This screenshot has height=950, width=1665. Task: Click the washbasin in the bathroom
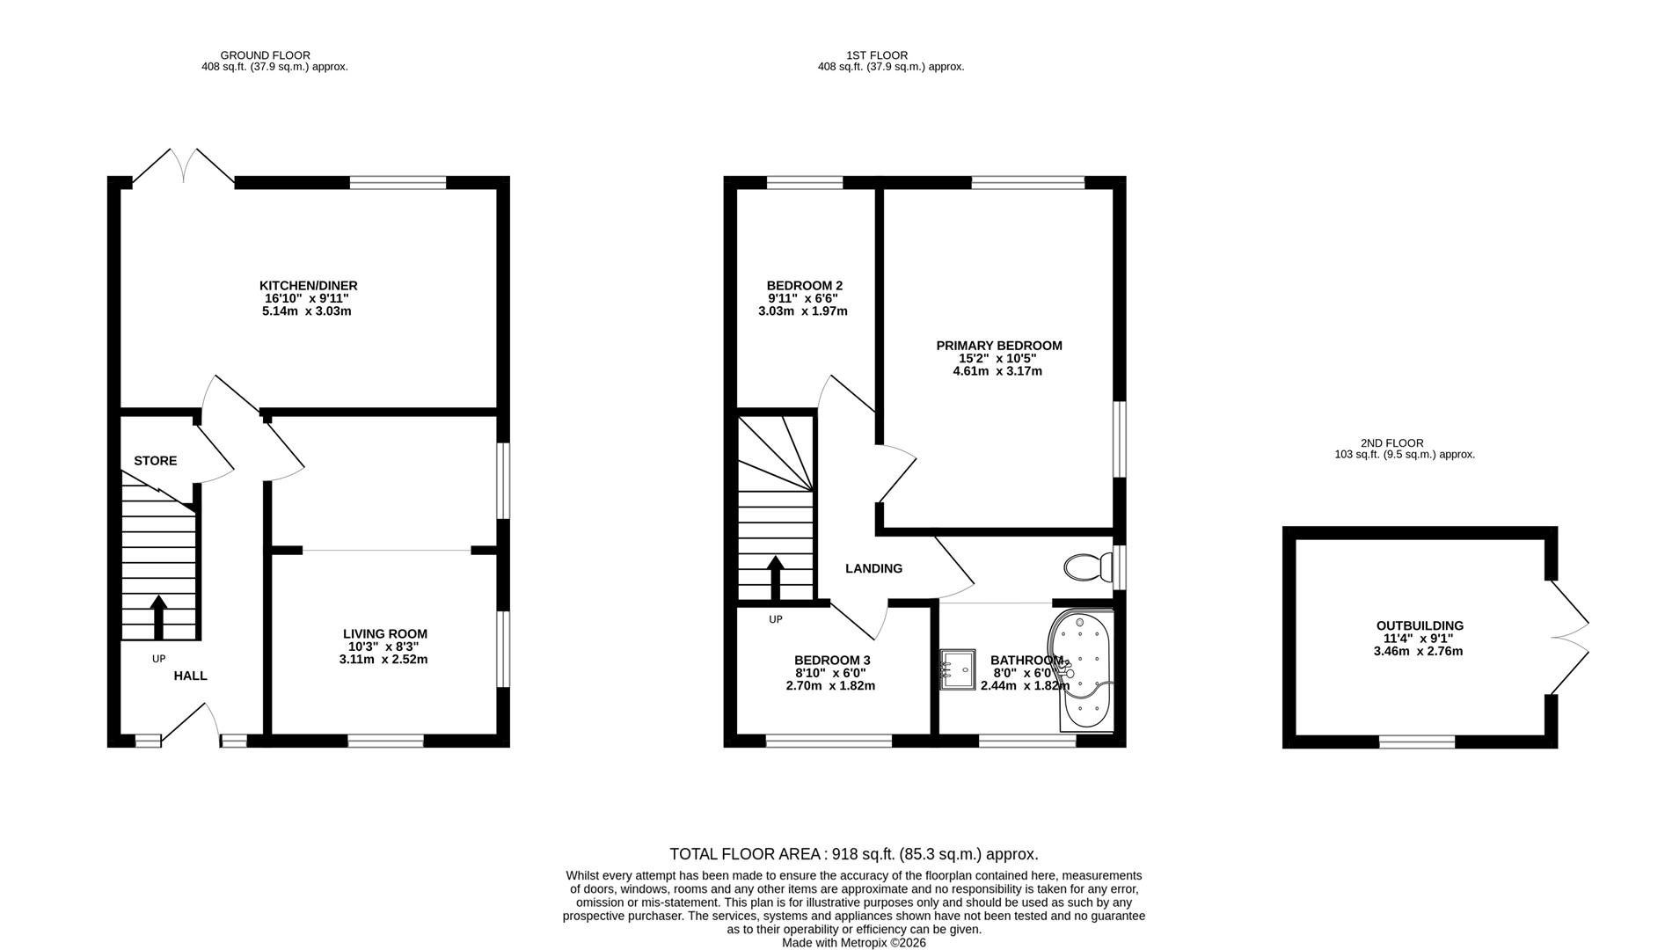[x=957, y=669]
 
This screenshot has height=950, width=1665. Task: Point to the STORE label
[x=155, y=461]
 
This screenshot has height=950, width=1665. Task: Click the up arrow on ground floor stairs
[x=158, y=617]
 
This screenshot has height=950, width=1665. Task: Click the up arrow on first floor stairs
[x=776, y=576]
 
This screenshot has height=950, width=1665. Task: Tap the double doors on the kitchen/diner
[x=184, y=166]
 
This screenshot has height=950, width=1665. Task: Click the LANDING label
[x=873, y=569]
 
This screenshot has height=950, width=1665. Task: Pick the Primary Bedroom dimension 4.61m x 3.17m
[x=997, y=371]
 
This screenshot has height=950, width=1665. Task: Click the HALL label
[x=190, y=676]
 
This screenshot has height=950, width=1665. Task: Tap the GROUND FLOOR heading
[x=265, y=55]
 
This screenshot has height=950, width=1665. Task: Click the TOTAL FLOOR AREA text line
[x=853, y=854]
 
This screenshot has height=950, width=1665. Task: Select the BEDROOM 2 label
[x=804, y=286]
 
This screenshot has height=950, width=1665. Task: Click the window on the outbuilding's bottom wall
[x=1416, y=742]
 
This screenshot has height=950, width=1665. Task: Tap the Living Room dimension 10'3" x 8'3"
[x=384, y=647]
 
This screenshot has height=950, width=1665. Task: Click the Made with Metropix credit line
[x=853, y=942]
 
